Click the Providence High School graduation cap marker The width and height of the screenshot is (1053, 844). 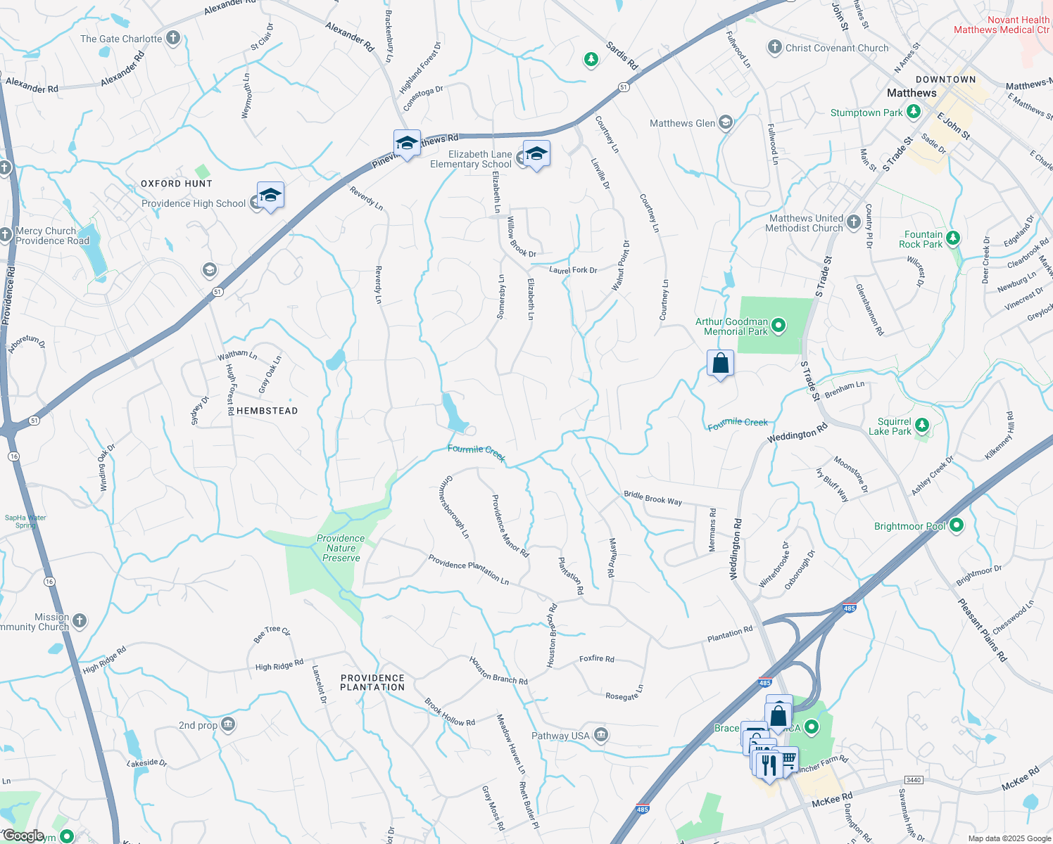(x=270, y=195)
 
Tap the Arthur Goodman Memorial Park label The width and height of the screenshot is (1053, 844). (x=732, y=326)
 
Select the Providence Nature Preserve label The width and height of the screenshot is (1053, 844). (x=341, y=548)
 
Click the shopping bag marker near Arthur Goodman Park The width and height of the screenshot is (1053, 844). (x=720, y=364)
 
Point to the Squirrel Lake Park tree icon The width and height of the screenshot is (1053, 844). (x=922, y=425)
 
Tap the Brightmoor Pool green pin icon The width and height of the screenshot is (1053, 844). (x=956, y=525)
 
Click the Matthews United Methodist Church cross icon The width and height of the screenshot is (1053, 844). (x=854, y=223)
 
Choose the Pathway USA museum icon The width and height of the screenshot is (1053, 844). (x=600, y=735)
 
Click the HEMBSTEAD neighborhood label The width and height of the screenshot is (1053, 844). (x=267, y=411)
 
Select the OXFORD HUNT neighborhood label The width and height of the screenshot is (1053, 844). (x=176, y=184)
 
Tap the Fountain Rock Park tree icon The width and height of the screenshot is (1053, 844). (x=953, y=238)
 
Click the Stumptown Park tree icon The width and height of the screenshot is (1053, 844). (x=913, y=112)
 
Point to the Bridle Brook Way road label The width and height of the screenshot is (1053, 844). (x=652, y=498)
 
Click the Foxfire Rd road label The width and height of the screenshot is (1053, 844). (x=597, y=659)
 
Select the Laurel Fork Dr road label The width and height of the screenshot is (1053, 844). (x=573, y=270)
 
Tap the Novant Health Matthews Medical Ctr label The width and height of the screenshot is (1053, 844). (x=1002, y=25)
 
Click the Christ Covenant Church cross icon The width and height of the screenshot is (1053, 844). (x=774, y=47)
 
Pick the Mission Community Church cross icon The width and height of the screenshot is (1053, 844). (x=80, y=620)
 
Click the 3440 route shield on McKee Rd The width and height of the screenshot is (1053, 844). (x=914, y=780)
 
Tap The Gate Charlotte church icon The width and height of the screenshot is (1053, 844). (x=173, y=39)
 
